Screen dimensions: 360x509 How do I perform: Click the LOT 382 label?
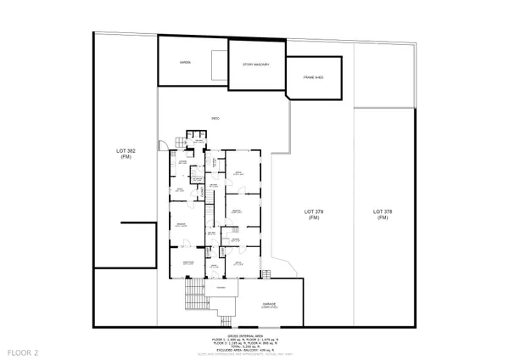point(126,153)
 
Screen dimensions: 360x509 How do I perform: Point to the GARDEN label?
point(184,64)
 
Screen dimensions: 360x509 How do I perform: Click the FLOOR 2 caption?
point(23,351)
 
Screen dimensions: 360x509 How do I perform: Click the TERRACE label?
point(221,288)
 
